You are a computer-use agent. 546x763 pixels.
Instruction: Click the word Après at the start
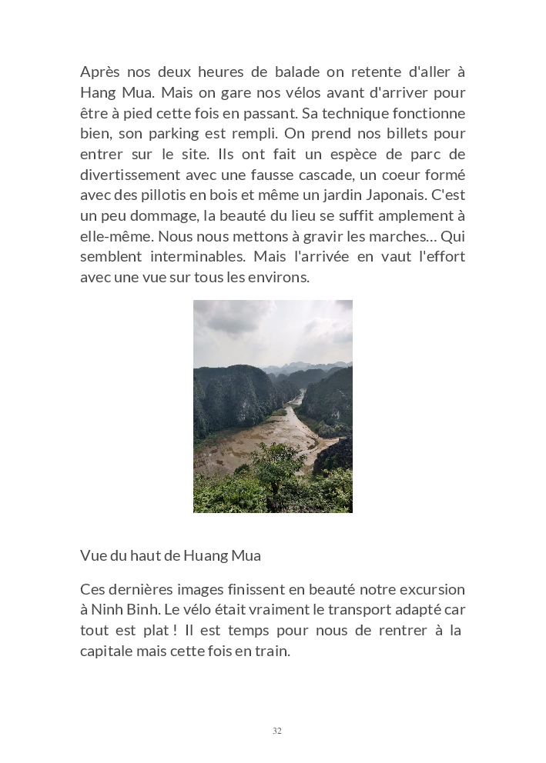point(100,72)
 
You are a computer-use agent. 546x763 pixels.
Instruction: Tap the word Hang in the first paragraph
point(97,93)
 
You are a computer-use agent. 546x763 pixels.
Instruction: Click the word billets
point(400,134)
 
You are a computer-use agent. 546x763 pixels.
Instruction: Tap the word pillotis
point(162,195)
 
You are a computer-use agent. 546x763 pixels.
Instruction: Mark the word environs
point(282,278)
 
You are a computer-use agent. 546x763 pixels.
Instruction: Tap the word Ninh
point(109,610)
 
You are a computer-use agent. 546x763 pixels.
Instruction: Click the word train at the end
point(272,651)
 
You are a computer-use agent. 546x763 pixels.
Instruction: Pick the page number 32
point(277,731)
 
